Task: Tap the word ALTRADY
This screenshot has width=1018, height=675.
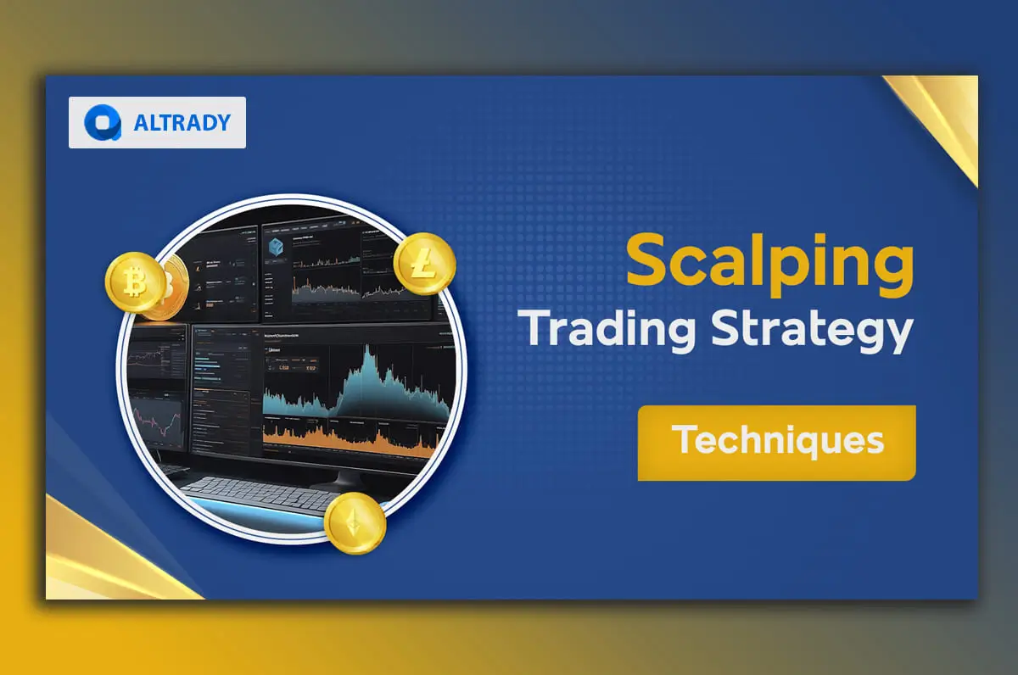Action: coord(182,123)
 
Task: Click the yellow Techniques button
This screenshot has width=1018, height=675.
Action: coord(776,443)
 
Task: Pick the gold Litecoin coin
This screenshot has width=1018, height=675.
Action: coord(424,264)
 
